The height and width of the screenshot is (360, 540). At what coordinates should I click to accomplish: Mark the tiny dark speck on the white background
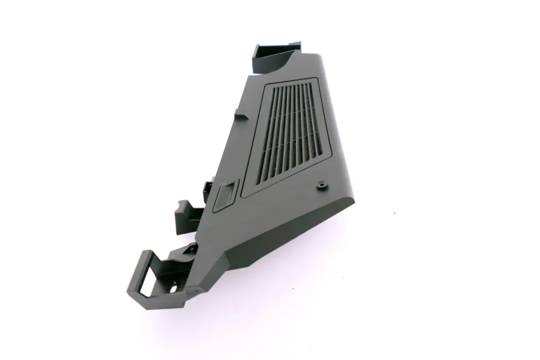click(394, 213)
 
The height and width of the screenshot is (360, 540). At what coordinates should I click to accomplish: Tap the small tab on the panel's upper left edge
click(242, 114)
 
